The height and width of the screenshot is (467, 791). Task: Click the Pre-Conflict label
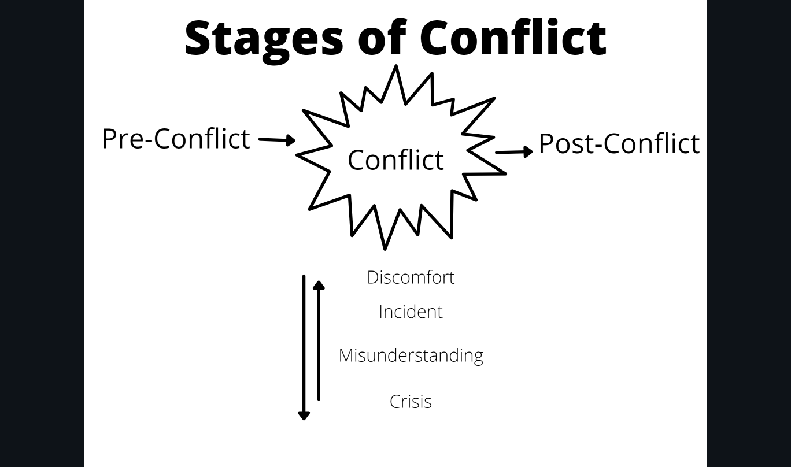pos(176,139)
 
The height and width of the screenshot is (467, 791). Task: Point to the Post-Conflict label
pos(619,143)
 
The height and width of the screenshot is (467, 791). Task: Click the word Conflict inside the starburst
pos(395,160)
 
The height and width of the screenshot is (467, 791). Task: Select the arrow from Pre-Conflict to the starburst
pos(277,140)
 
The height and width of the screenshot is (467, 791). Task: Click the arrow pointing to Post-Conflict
pos(514,152)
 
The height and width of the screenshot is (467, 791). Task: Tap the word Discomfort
pos(411,277)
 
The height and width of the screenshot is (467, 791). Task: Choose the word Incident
pos(411,312)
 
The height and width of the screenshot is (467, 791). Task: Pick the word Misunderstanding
pos(411,355)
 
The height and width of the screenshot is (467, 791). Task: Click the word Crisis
pos(411,402)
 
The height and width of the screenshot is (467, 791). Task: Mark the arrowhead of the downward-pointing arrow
pos(304,414)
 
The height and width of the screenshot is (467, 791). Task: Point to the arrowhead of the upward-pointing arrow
pos(319,284)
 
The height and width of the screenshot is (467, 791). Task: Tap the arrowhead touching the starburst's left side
pos(291,140)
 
